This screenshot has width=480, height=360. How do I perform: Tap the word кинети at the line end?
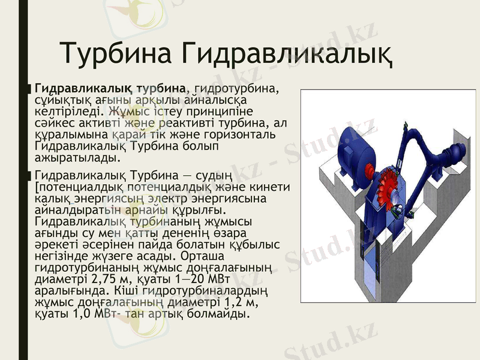[x=271, y=188]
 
